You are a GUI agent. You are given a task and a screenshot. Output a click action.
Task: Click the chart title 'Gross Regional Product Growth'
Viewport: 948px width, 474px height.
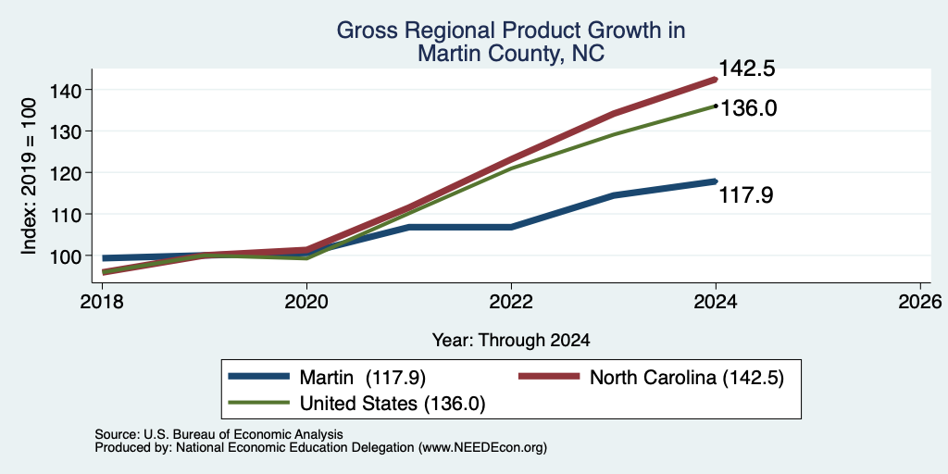(511, 31)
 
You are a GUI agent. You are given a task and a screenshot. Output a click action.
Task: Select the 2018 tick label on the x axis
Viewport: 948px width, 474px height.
(102, 301)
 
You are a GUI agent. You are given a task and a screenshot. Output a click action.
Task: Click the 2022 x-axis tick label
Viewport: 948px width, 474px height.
(511, 301)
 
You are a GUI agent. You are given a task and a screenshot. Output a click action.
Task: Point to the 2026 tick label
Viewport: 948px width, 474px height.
(920, 301)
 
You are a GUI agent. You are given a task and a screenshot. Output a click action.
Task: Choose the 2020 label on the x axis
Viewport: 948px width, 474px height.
(306, 301)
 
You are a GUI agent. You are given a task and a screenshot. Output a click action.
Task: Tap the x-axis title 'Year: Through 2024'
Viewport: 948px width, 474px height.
(511, 341)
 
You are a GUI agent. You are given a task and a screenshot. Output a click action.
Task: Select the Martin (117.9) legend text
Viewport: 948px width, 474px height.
(363, 378)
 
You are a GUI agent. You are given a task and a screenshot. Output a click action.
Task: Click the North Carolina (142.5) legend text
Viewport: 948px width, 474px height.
(687, 378)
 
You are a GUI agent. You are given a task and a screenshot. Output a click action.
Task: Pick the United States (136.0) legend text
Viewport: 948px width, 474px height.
(393, 404)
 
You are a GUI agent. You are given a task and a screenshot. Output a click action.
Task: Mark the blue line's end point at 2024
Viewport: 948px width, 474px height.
(716, 181)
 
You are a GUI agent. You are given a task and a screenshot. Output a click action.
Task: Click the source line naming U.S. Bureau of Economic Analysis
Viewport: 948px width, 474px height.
(219, 434)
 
